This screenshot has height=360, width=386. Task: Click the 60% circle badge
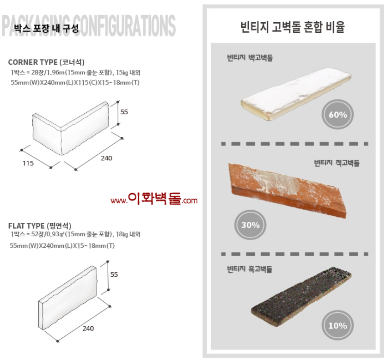(x=337, y=115)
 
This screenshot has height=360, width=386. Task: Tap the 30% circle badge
(x=250, y=225)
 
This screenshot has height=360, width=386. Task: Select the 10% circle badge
(x=337, y=325)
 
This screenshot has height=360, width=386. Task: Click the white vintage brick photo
(x=296, y=94)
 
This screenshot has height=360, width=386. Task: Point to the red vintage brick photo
(x=287, y=191)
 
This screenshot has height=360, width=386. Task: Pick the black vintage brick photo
(x=301, y=297)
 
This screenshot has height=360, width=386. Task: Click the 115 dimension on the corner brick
(x=28, y=164)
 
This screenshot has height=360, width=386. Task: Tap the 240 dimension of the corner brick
(x=106, y=158)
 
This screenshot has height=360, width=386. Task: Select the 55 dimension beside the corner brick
(x=124, y=112)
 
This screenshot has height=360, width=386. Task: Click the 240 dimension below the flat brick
(x=88, y=329)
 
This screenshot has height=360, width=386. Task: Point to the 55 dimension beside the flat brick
(x=114, y=275)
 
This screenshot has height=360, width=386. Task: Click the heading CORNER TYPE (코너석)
(x=46, y=62)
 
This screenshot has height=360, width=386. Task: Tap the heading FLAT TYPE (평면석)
(x=40, y=226)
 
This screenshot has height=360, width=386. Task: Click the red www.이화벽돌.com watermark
(x=154, y=199)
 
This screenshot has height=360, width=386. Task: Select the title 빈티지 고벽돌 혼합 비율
(x=293, y=27)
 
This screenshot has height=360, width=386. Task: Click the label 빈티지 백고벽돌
(x=250, y=58)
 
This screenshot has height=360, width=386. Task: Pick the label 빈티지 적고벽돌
(x=337, y=163)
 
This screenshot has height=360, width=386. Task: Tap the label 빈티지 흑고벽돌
(x=250, y=269)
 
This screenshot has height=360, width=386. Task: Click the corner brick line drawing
(x=70, y=128)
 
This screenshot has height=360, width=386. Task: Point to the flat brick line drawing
(x=67, y=298)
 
